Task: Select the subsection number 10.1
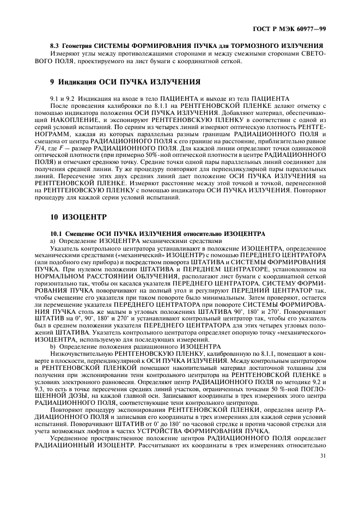tap(56, 233)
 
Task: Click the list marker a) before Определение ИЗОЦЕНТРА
tap(52, 240)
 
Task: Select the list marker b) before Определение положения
tap(52, 347)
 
